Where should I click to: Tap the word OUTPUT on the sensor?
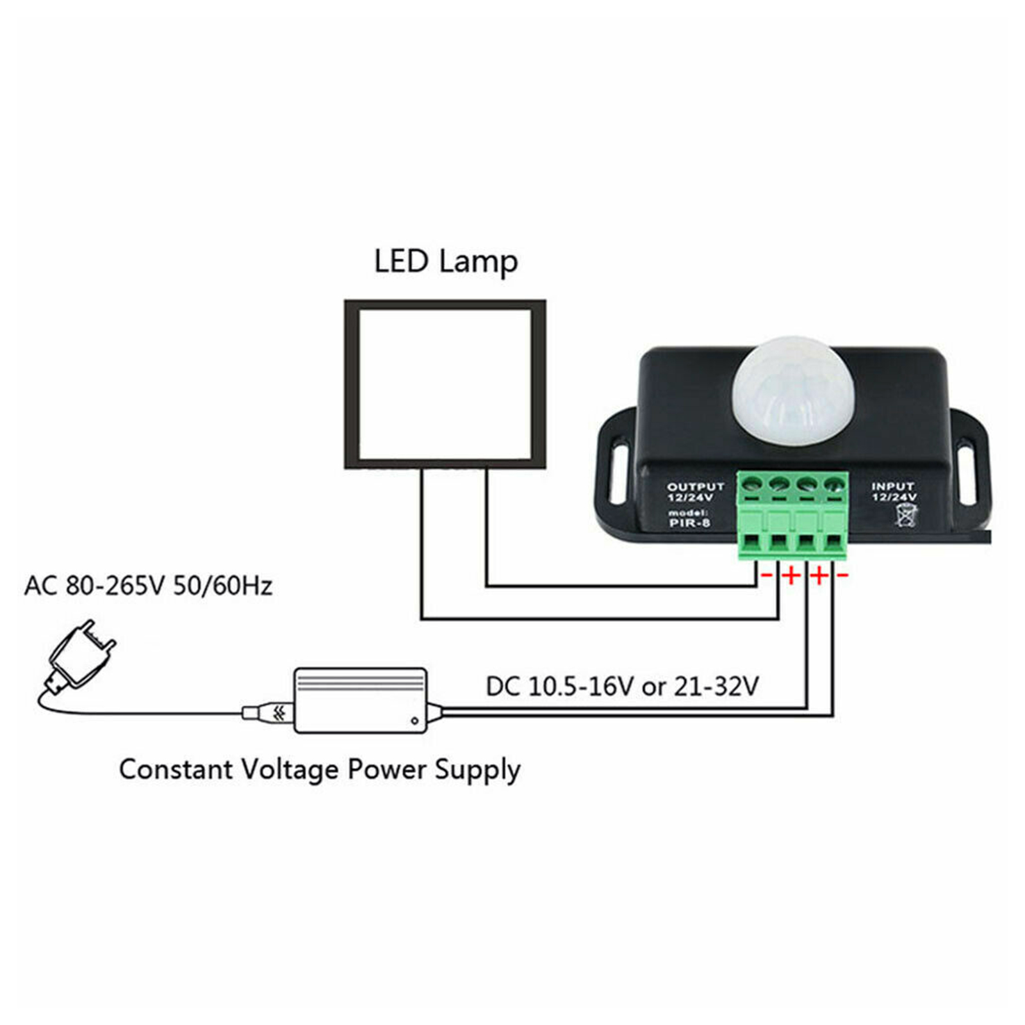click(x=695, y=487)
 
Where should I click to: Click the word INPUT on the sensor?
click(x=893, y=487)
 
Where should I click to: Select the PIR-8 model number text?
click(x=689, y=523)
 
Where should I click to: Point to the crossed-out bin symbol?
click(x=906, y=515)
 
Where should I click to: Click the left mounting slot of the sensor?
click(x=618, y=470)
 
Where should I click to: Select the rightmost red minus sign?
click(x=842, y=575)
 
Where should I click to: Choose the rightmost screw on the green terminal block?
click(x=833, y=484)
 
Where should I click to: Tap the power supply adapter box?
click(x=360, y=700)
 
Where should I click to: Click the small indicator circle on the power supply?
click(x=415, y=721)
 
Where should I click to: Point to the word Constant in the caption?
click(x=175, y=769)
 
